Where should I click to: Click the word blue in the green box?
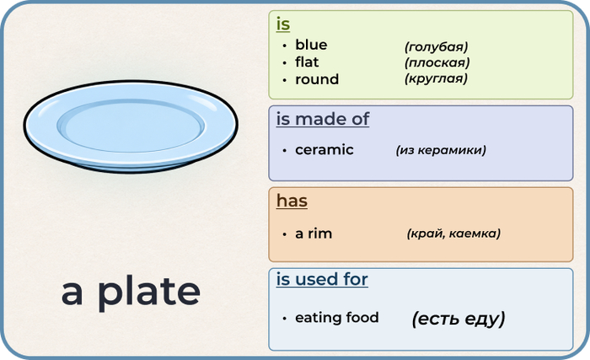click(311, 45)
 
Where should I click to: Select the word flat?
click(307, 62)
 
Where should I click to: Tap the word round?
click(317, 79)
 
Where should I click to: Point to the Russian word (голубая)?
click(436, 46)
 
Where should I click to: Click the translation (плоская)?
click(437, 62)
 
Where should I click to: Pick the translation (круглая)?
click(436, 78)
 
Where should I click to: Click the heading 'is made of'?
click(323, 120)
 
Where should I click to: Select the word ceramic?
click(324, 150)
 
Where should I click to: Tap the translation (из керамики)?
click(441, 150)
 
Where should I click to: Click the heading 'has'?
click(292, 201)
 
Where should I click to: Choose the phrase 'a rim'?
click(314, 234)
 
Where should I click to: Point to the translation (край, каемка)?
click(453, 234)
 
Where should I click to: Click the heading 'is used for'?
click(322, 279)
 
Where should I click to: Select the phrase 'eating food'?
click(337, 318)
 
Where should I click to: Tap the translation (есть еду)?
click(459, 319)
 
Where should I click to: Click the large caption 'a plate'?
click(131, 293)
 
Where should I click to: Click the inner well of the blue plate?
click(131, 126)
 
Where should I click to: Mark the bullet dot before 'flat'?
click(285, 63)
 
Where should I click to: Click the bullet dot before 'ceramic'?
click(285, 151)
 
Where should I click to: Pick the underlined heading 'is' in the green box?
click(283, 24)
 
